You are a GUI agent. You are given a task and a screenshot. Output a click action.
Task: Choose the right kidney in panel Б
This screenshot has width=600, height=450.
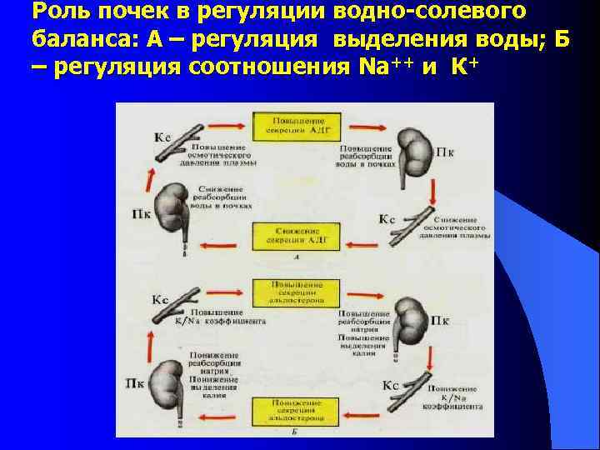(x=407, y=321)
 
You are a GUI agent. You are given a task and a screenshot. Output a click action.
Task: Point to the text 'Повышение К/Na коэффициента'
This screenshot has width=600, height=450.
(x=220, y=316)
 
